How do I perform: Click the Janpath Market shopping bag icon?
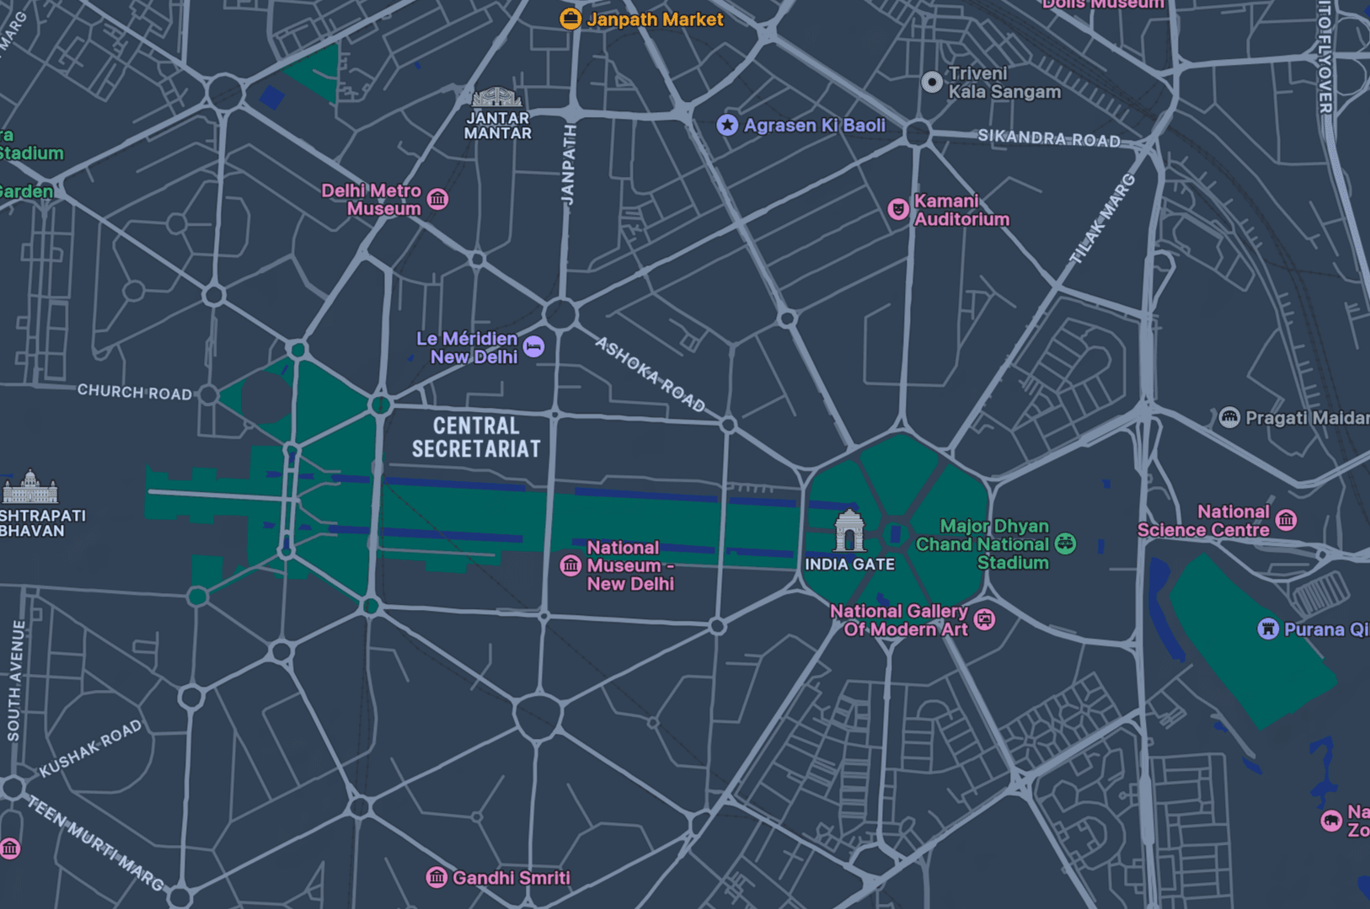(570, 19)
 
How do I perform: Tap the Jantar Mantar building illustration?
(496, 98)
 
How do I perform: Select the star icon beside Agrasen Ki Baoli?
(727, 126)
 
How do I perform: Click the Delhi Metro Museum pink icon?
(437, 200)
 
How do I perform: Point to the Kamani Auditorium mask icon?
(898, 209)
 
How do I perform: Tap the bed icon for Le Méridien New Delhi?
(533, 347)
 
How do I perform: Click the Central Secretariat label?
(476, 437)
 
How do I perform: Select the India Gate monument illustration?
(849, 531)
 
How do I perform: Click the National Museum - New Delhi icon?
(570, 565)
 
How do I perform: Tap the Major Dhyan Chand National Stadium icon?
(1066, 543)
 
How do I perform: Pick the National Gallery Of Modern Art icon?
(984, 621)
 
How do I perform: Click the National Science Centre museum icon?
(1286, 520)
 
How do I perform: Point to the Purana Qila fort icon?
(1268, 629)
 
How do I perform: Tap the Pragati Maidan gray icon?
(1229, 418)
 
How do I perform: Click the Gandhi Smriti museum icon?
(436, 877)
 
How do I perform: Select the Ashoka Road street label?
(650, 375)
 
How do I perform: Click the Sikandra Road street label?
(1049, 138)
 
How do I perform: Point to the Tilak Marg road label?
(1102, 219)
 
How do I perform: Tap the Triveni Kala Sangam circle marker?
(932, 82)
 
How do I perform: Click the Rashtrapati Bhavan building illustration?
(29, 488)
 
